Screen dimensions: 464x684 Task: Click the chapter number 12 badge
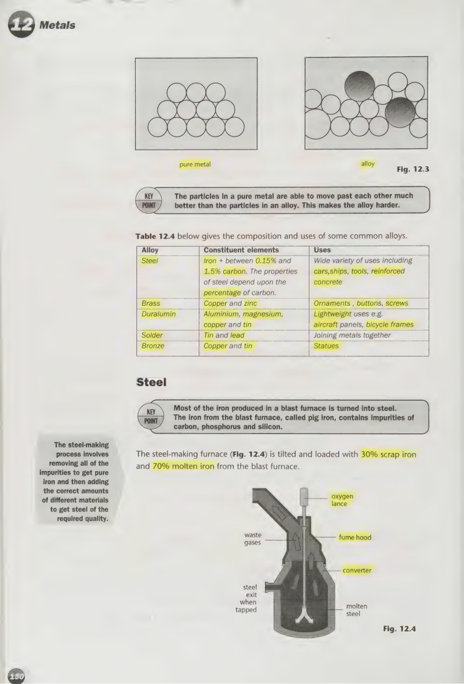coord(21,25)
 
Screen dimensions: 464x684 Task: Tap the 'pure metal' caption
coord(195,164)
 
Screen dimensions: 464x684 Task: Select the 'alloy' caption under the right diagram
coord(368,164)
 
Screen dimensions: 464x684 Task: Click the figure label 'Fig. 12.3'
coord(412,169)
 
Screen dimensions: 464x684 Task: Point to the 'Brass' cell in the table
coord(151,303)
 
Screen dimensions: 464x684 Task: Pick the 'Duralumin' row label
coord(158,314)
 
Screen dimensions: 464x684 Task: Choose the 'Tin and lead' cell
coord(224,336)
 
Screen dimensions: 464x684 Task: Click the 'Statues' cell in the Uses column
coord(326,346)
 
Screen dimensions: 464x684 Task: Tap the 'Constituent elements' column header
coord(241,250)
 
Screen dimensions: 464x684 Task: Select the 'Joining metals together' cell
coord(352,336)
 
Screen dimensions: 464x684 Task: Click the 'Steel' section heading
coord(151,382)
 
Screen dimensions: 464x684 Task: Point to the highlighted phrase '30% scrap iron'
coord(388,455)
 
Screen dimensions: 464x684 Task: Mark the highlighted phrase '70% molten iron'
coord(183,466)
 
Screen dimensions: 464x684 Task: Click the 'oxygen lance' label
coord(342,500)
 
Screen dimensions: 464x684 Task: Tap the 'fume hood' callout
coord(355,538)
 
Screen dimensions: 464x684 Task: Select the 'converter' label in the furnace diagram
coord(357,571)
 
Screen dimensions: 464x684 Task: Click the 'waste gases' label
coord(253,539)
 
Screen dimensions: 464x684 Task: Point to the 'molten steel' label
coord(356,610)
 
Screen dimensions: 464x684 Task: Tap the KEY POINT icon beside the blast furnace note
coord(151,416)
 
